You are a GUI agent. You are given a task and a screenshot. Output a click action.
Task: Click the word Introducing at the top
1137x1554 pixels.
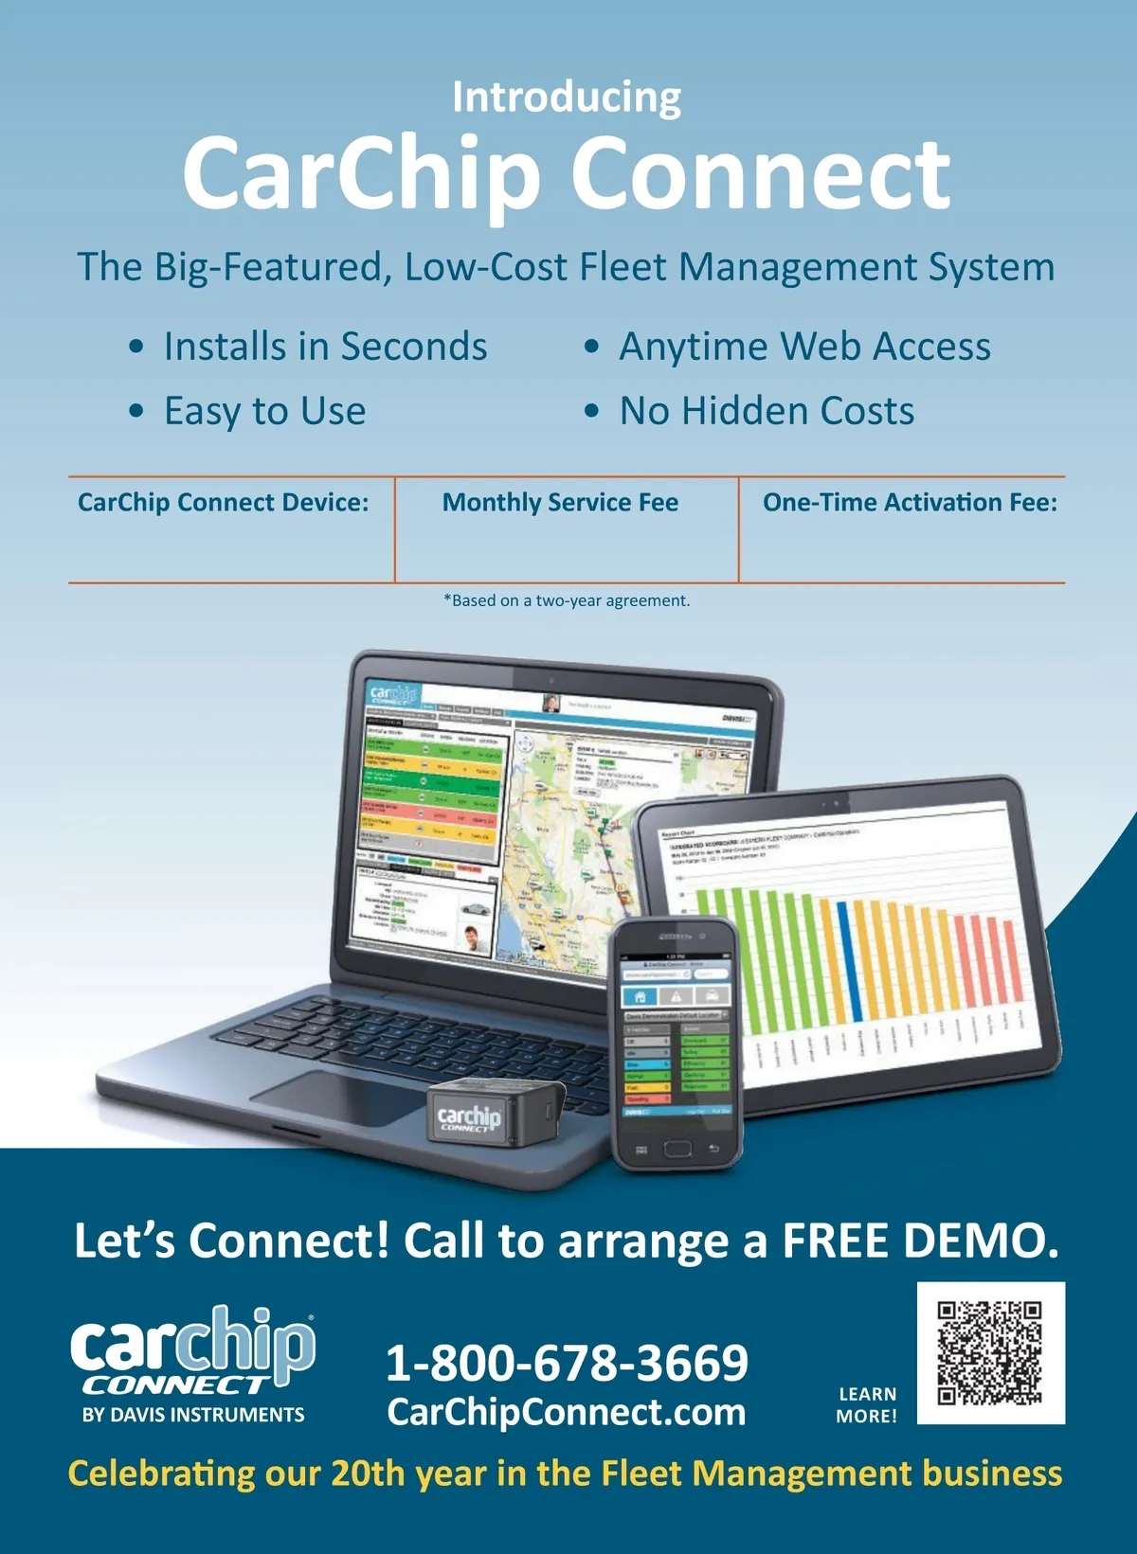coord(567,98)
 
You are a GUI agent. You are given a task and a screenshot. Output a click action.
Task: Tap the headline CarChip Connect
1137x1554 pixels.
coord(567,174)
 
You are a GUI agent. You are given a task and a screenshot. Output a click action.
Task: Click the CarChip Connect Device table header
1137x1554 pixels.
coord(224,502)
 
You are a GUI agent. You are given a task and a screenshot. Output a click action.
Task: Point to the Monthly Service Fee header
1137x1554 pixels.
coord(560,502)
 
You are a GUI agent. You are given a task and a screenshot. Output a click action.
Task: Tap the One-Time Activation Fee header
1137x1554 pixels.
coord(910,502)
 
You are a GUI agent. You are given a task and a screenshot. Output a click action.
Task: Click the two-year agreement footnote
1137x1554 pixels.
coord(567,600)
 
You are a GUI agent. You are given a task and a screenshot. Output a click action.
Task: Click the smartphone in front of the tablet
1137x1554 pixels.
coord(675,1042)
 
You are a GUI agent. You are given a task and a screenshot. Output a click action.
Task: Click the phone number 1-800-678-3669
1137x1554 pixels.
coord(567,1362)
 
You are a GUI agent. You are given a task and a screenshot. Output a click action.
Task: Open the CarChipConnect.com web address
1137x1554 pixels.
coord(567,1412)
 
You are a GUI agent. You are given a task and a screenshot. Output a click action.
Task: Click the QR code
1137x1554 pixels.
coord(990,1352)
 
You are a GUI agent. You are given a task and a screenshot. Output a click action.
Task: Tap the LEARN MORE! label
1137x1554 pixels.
coord(866,1405)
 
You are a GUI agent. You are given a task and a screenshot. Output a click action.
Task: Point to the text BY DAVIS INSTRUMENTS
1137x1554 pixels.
coord(193,1415)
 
